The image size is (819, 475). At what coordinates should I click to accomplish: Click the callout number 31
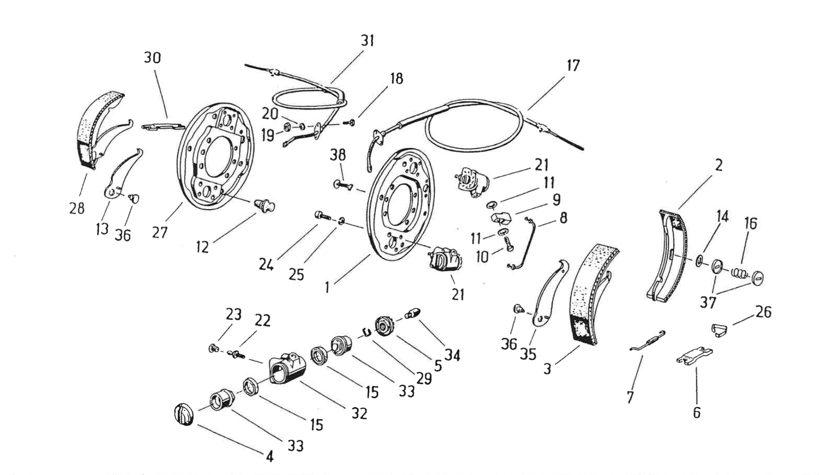point(368,41)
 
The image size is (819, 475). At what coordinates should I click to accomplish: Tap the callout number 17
point(573,65)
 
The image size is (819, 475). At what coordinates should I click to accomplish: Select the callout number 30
point(152,58)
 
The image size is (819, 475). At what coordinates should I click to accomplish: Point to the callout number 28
point(77,208)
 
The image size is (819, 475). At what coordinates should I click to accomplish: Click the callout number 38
point(338,155)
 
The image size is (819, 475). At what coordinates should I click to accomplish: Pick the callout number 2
point(719,165)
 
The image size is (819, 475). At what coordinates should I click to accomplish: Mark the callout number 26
point(763,312)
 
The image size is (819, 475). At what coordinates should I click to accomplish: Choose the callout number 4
point(270,456)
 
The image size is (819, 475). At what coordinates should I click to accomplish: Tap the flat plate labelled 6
point(694,356)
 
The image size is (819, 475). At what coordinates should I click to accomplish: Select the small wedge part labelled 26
point(719,330)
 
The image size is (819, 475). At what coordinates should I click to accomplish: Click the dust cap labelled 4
point(183,414)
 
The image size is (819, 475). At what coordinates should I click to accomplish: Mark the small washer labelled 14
point(700,261)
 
